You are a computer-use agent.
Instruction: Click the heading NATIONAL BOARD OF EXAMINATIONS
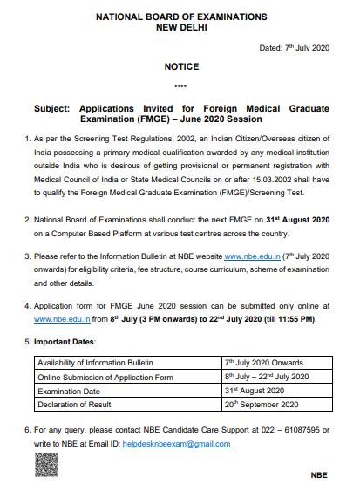pyautogui.click(x=181, y=17)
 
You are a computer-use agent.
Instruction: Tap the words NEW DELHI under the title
pyautogui.click(x=181, y=27)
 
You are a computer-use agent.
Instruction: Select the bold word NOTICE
pyautogui.click(x=181, y=67)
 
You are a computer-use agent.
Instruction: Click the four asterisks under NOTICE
pyautogui.click(x=181, y=86)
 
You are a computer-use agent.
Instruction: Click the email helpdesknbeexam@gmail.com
pyautogui.click(x=187, y=443)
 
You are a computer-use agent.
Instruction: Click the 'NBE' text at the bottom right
pyautogui.click(x=319, y=476)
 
